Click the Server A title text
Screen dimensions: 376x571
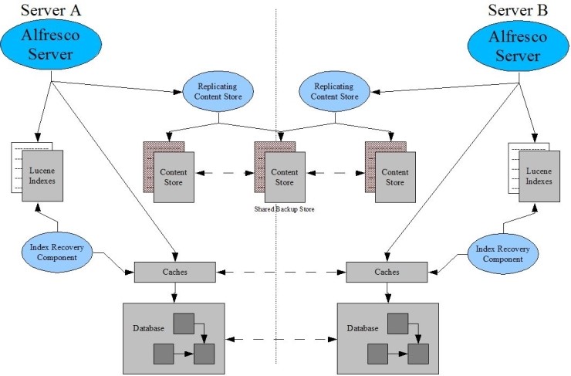[51, 10]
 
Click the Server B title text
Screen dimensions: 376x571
[519, 10]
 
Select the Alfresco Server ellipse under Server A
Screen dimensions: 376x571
[51, 45]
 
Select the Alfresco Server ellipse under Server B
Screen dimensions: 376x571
[519, 45]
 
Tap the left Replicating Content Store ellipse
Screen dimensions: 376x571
[219, 91]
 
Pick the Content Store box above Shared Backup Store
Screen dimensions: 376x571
[283, 178]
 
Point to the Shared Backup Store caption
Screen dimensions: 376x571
[284, 209]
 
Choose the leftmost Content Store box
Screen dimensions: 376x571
[173, 178]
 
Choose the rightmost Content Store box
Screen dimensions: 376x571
[394, 178]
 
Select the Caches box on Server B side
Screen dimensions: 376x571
[386, 272]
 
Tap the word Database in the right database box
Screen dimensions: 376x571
[362, 328]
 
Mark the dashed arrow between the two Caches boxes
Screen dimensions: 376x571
[280, 273]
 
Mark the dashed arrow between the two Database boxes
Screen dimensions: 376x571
[280, 339]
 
